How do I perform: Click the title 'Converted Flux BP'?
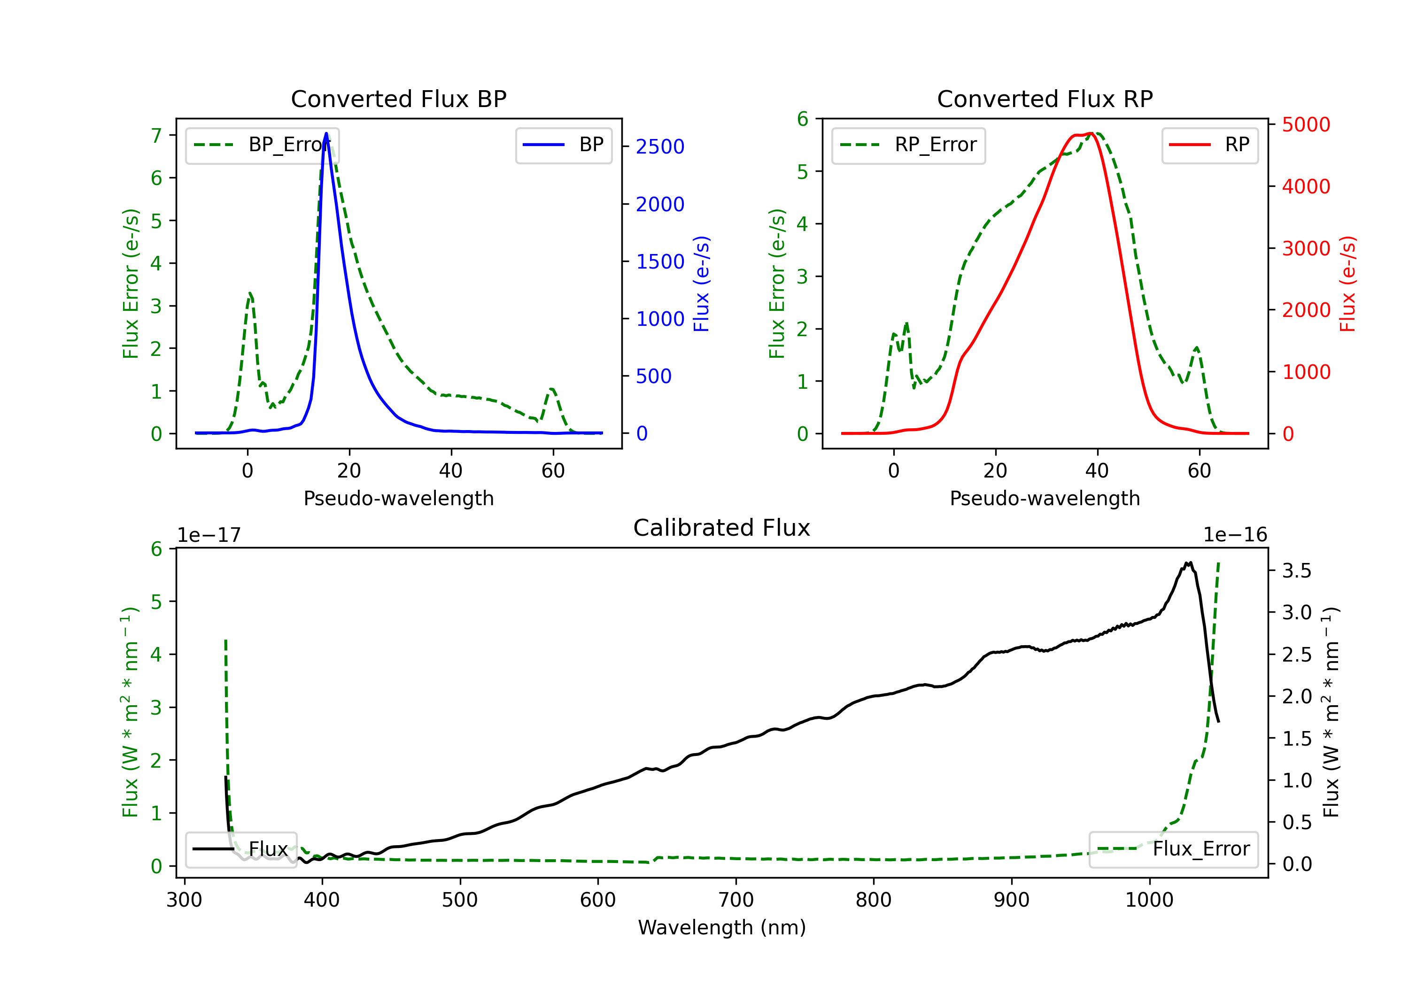pyautogui.click(x=398, y=99)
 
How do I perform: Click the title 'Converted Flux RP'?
pyautogui.click(x=1045, y=99)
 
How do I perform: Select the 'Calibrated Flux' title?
pyautogui.click(x=722, y=528)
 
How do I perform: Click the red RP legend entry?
pyautogui.click(x=1209, y=145)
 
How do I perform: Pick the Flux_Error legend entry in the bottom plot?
pyautogui.click(x=1173, y=849)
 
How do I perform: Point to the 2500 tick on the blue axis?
pyautogui.click(x=660, y=146)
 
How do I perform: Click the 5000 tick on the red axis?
pyautogui.click(x=1306, y=124)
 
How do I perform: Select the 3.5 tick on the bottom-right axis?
pyautogui.click(x=1297, y=570)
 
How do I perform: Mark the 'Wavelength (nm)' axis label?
pyautogui.click(x=722, y=928)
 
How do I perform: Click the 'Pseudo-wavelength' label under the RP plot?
pyautogui.click(x=1045, y=498)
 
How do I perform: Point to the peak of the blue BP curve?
pyautogui.click(x=326, y=133)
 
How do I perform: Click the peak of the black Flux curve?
pyautogui.click(x=1189, y=562)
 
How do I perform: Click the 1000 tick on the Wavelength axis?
pyautogui.click(x=1149, y=900)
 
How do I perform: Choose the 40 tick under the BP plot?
pyautogui.click(x=451, y=470)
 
